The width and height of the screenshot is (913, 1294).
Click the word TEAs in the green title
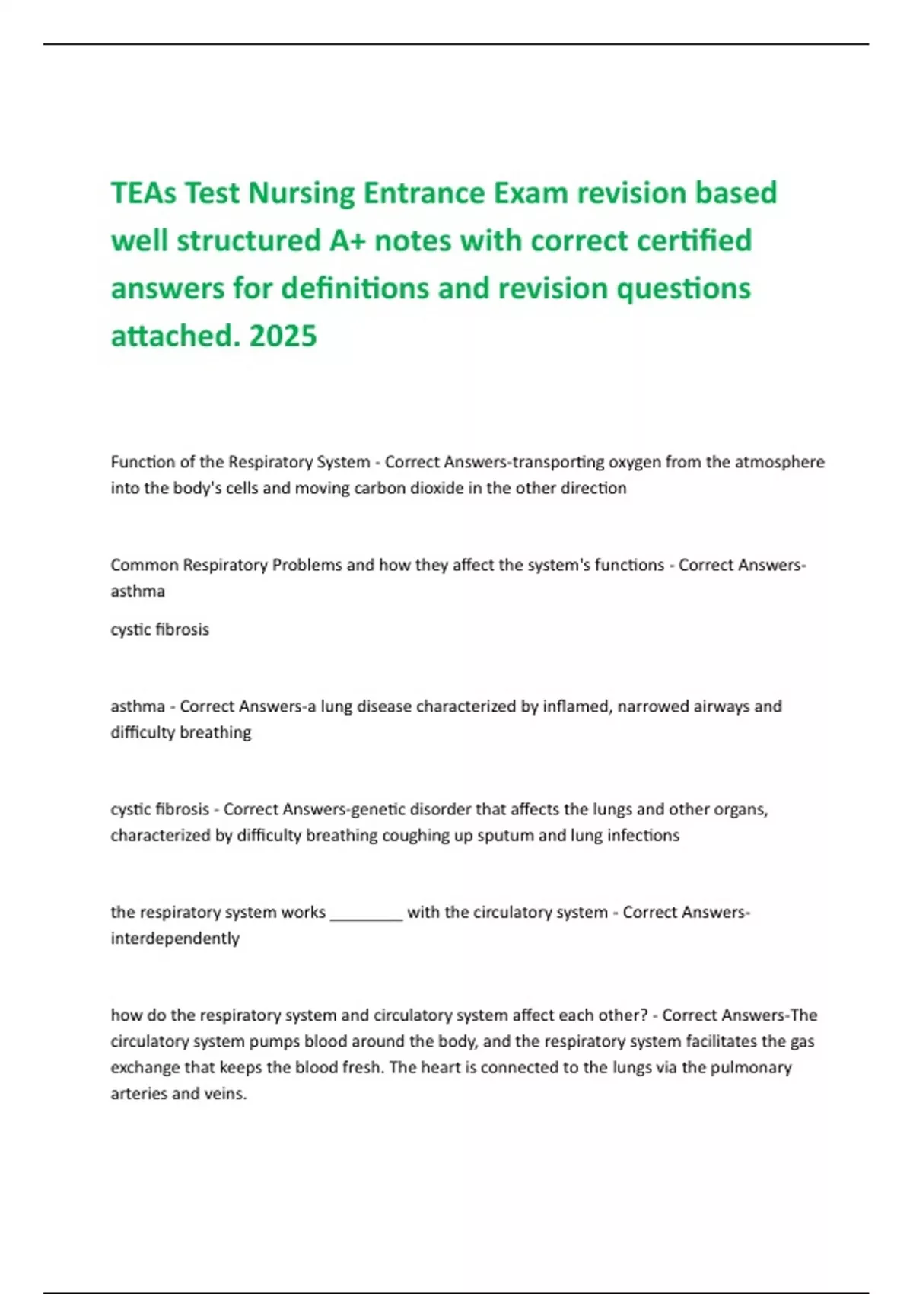pos(144,193)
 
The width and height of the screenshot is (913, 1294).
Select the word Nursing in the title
pos(302,193)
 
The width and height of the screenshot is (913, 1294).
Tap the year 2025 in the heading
pos(282,336)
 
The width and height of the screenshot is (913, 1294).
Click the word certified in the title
pos(694,241)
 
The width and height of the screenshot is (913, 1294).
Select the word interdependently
pos(175,939)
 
